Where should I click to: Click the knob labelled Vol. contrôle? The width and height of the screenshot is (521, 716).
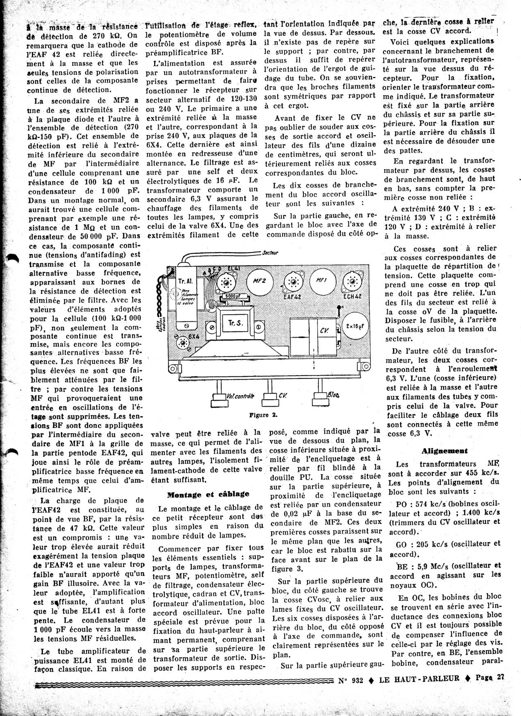tap(216, 398)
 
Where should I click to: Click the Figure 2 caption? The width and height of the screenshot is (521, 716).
tap(263, 415)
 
